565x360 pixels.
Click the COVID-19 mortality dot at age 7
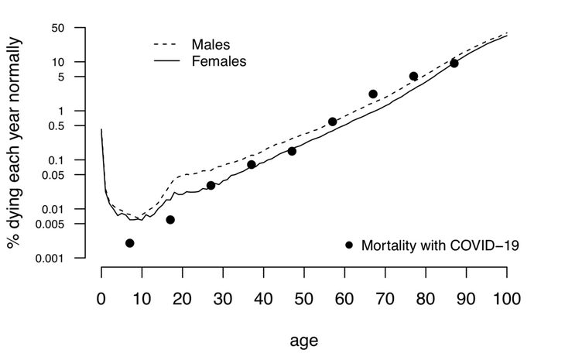[130, 243]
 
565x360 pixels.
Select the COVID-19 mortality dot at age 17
[170, 220]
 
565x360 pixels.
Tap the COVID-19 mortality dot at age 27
[211, 185]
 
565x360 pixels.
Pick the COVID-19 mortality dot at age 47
[292, 151]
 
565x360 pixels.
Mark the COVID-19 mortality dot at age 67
[373, 94]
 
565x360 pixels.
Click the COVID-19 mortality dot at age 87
[454, 63]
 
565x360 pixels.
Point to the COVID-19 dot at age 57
[333, 122]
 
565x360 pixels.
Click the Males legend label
[211, 44]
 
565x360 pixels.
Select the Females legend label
[219, 60]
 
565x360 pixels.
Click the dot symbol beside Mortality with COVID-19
[349, 245]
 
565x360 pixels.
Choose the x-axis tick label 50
[303, 298]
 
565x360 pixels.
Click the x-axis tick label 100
[506, 298]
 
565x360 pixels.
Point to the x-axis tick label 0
[101, 298]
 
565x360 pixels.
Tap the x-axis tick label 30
[223, 298]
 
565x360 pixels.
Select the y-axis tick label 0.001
[68, 259]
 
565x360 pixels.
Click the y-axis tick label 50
[78, 29]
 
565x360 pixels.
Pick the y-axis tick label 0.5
[75, 126]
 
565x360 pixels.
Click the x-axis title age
[303, 341]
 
